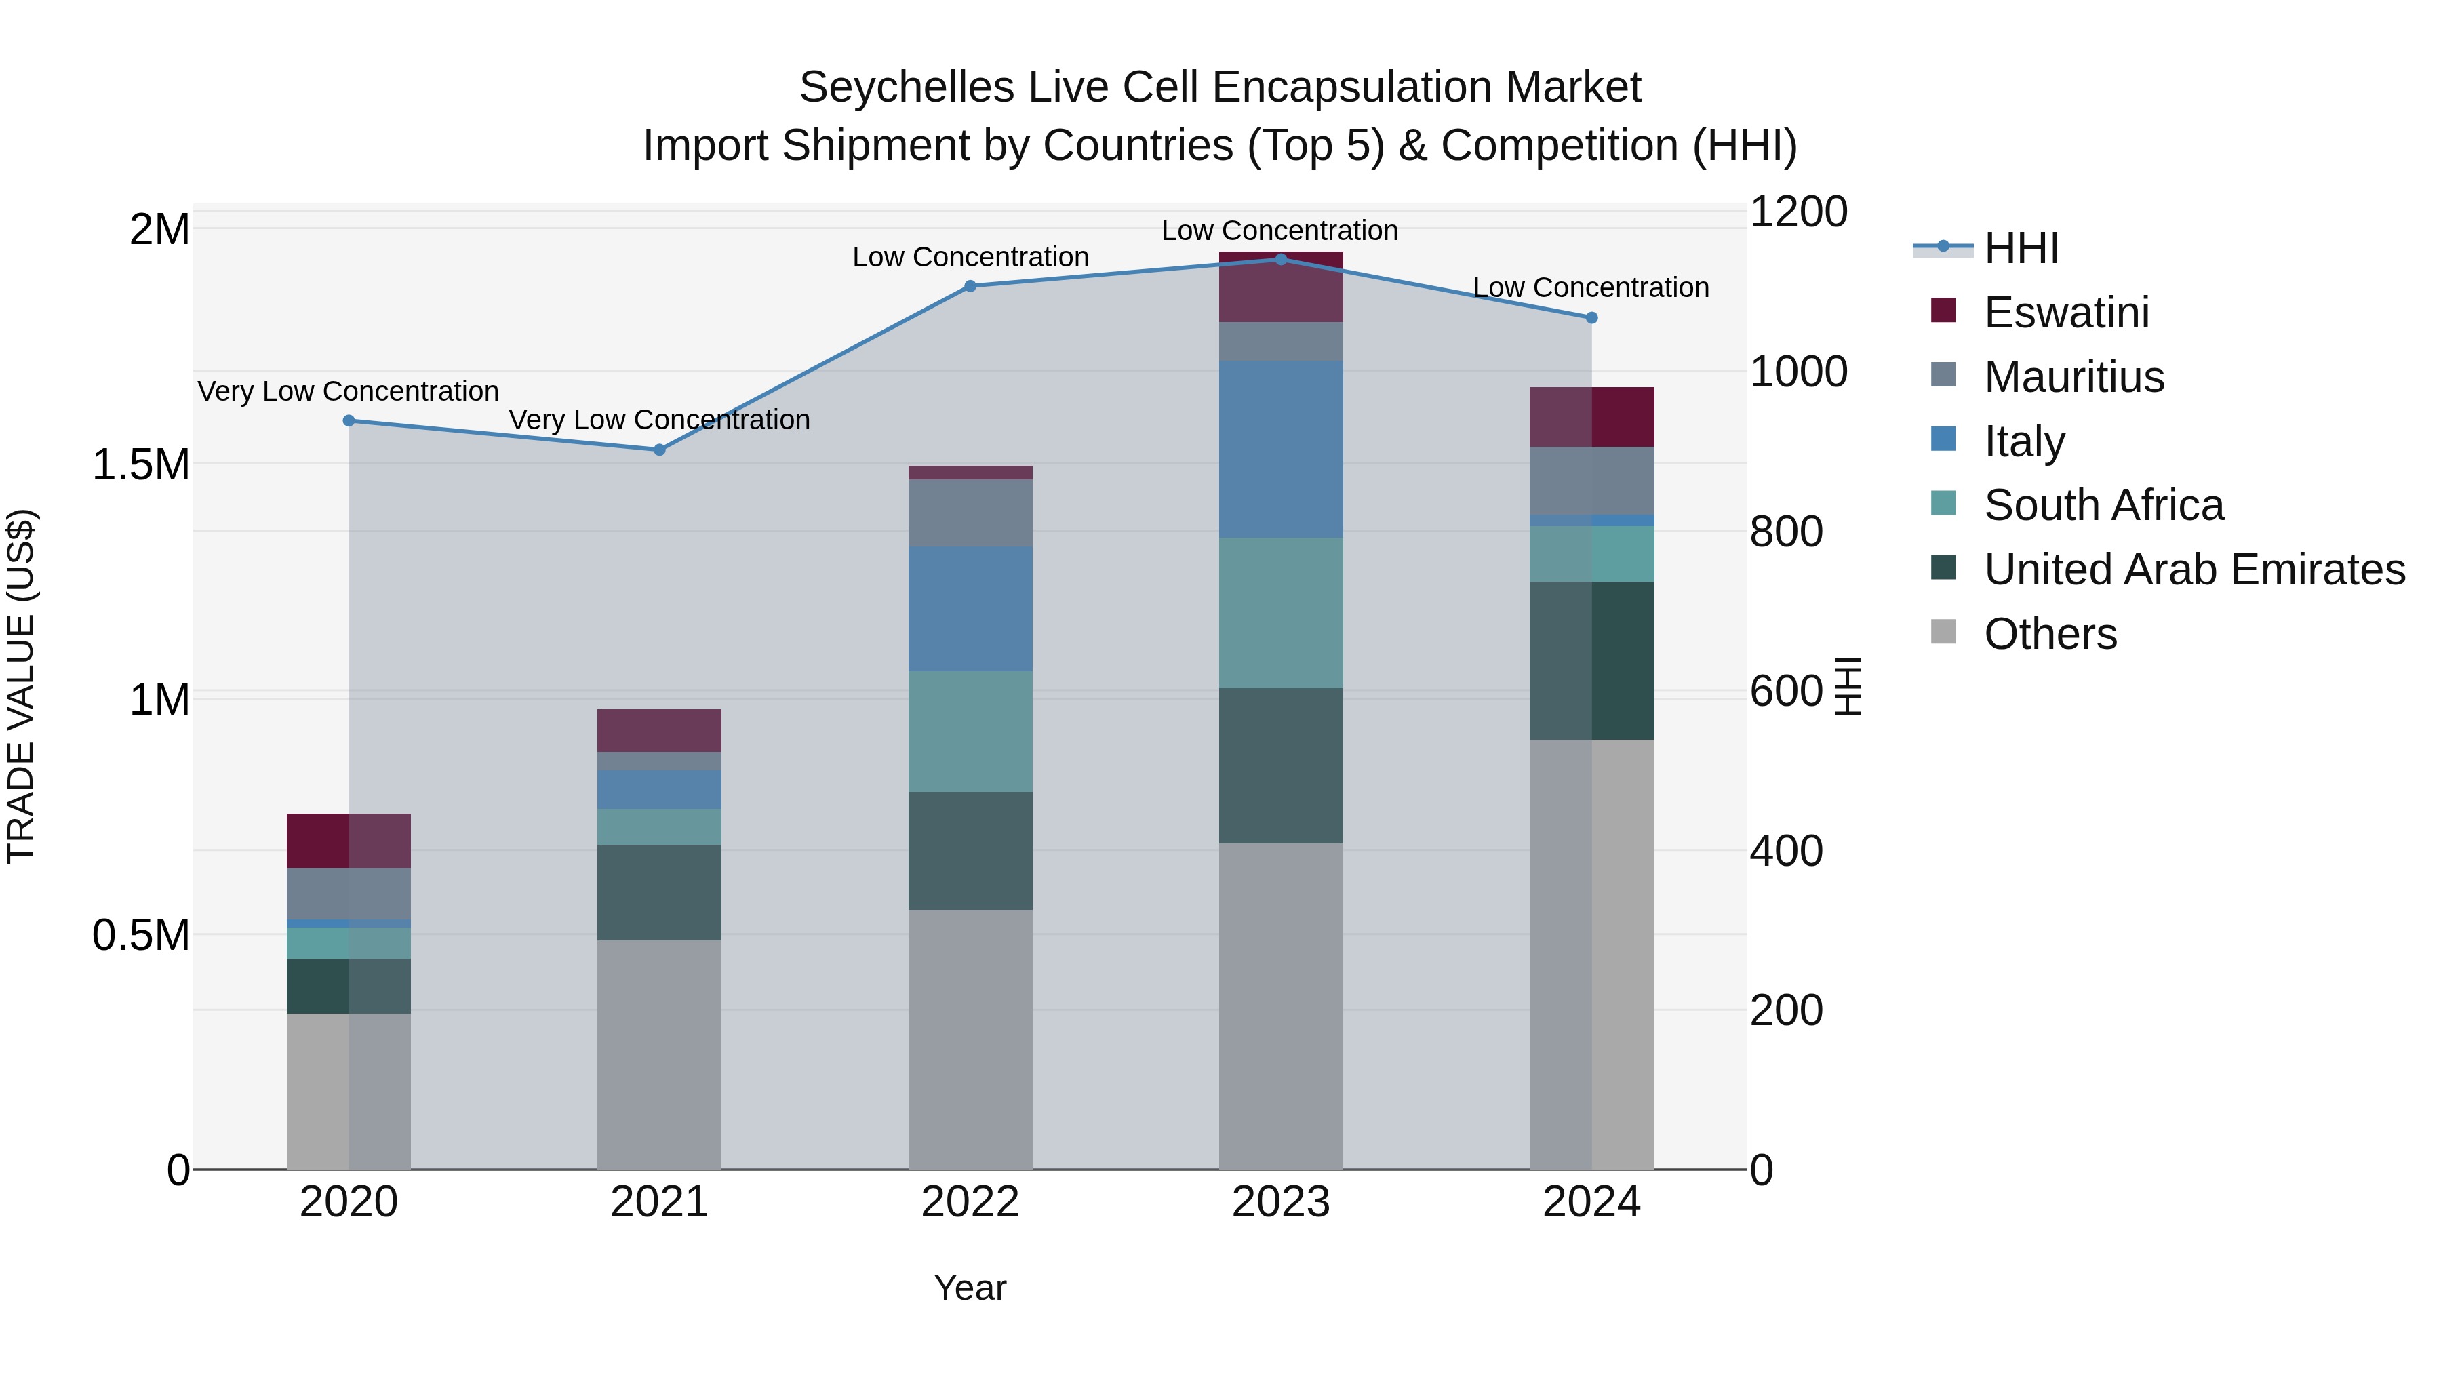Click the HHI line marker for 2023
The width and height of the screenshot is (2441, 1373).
(1280, 259)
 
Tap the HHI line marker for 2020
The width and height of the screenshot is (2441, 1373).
(349, 420)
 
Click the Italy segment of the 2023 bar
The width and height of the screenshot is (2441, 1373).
(1280, 449)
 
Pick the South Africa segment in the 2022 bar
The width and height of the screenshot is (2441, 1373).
(970, 732)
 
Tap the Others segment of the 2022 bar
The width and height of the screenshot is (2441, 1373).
(970, 1039)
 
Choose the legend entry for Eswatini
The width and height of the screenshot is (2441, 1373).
(2066, 313)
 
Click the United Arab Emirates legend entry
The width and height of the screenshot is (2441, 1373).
(2194, 570)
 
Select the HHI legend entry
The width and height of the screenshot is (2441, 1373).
(2021, 248)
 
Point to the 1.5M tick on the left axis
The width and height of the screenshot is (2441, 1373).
(140, 465)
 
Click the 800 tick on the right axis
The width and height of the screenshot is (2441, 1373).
(1785, 532)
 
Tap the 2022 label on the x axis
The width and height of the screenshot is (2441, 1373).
(970, 1202)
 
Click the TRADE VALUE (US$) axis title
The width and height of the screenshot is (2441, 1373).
(21, 686)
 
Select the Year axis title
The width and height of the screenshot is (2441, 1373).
(970, 1288)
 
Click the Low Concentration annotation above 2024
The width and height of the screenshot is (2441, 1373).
(1590, 287)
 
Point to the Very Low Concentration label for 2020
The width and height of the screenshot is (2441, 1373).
(348, 391)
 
